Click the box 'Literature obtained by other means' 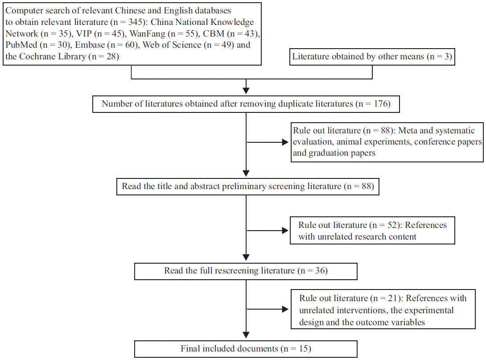click(x=372, y=57)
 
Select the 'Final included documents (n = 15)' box click(x=246, y=348)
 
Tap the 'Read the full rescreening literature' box click(x=246, y=271)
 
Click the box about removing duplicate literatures click(x=246, y=104)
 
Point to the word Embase click(x=90, y=45)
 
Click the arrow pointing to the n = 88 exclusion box click(x=284, y=143)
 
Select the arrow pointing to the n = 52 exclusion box click(x=284, y=231)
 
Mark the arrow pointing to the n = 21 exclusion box click(x=284, y=309)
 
